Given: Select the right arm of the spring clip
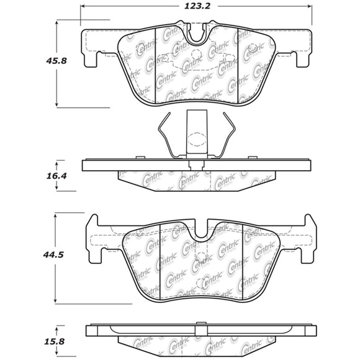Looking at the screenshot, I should point(230,134).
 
